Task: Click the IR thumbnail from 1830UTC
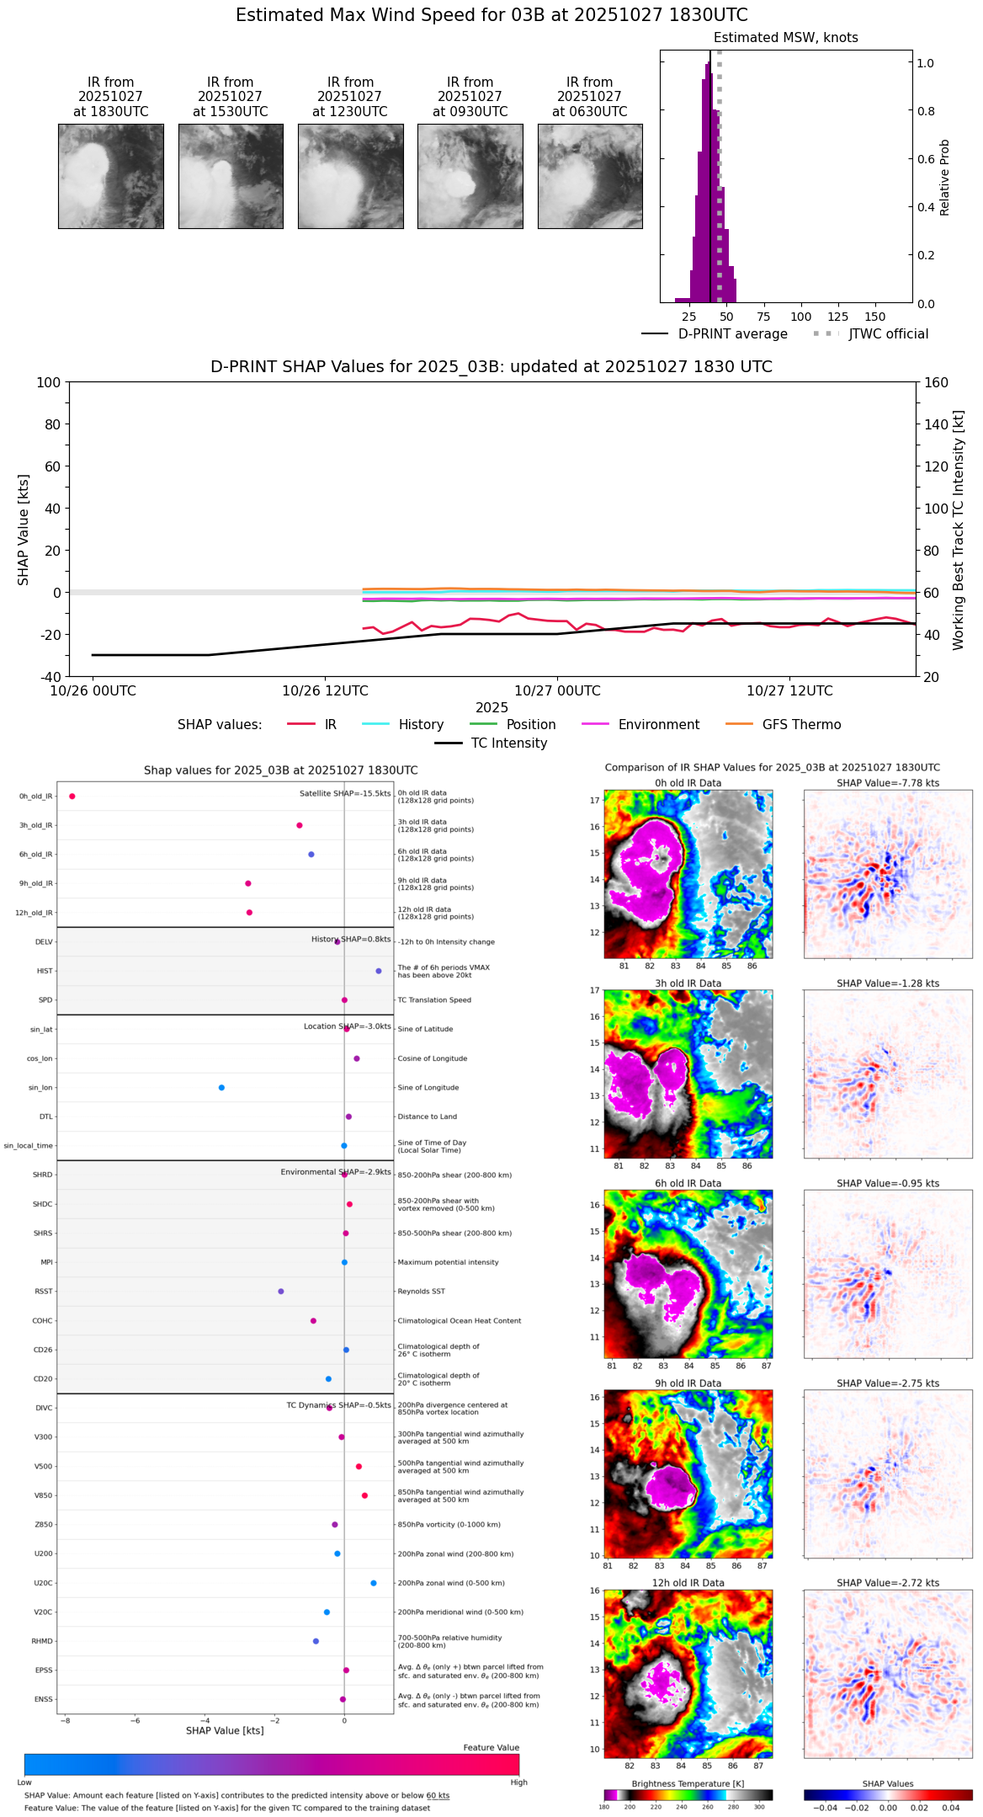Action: tap(110, 176)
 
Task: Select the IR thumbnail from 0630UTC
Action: tap(590, 176)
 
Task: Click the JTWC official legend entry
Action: tap(871, 334)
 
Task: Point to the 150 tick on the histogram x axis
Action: tap(875, 317)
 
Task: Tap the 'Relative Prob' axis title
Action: tap(945, 178)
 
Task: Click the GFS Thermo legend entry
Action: tap(783, 725)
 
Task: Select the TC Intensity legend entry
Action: tap(491, 743)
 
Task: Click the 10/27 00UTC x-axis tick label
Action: tap(557, 691)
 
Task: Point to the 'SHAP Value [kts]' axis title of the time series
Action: tap(24, 530)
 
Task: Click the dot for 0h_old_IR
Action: tap(72, 797)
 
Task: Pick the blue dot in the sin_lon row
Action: tap(221, 1088)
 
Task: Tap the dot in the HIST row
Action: tap(379, 971)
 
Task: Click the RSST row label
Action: tap(44, 1292)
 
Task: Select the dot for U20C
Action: tap(374, 1583)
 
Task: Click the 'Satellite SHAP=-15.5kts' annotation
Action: tap(345, 794)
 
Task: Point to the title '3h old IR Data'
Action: tap(688, 983)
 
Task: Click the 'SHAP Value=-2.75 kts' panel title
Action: tap(888, 1383)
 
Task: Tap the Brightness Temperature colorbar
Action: tap(688, 1795)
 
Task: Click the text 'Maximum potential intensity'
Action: tap(448, 1262)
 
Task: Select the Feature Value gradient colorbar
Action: tap(272, 1764)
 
